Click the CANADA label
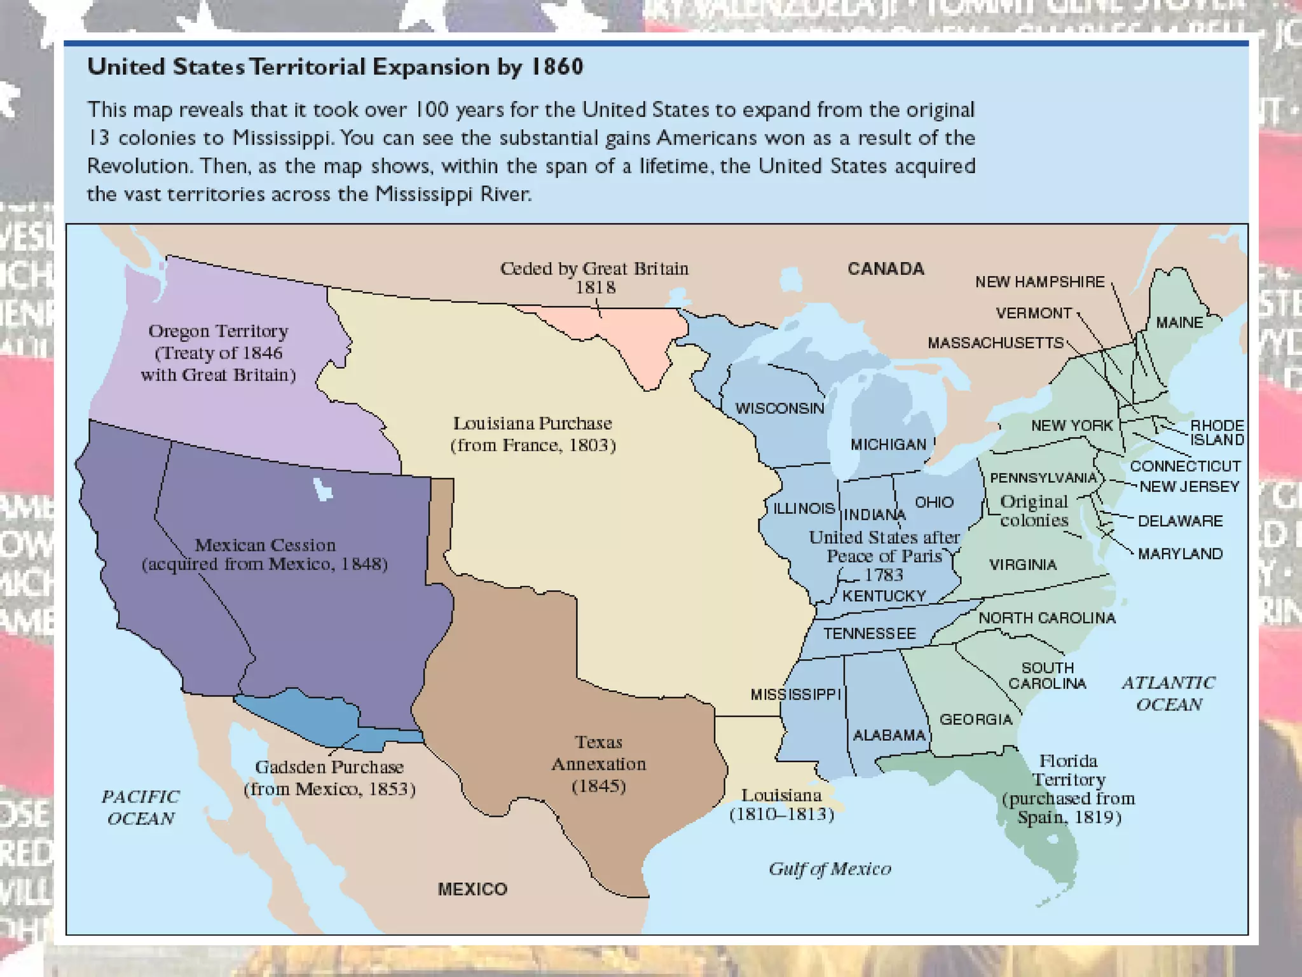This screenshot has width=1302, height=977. coord(885,268)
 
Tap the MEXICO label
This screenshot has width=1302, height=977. coord(472,889)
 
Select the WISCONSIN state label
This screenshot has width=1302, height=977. coord(779,408)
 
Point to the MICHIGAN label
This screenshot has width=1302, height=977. coord(888,445)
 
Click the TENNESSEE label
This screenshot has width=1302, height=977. coord(869,634)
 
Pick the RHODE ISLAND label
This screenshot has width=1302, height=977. coord(1216,433)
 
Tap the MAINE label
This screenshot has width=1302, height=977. coord(1179,322)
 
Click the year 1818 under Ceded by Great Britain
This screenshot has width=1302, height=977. coord(595,288)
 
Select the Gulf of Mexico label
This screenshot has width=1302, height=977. coord(830,869)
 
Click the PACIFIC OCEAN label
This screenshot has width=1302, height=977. coord(140,807)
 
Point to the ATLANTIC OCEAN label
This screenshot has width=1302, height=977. coord(1168,693)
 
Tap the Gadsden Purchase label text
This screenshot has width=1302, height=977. coord(329,767)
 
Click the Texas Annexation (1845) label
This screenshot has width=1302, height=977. coord(598,764)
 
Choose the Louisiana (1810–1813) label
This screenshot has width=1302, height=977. coord(781,805)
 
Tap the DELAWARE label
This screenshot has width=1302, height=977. coord(1180,521)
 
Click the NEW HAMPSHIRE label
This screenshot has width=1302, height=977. coord(1039,282)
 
